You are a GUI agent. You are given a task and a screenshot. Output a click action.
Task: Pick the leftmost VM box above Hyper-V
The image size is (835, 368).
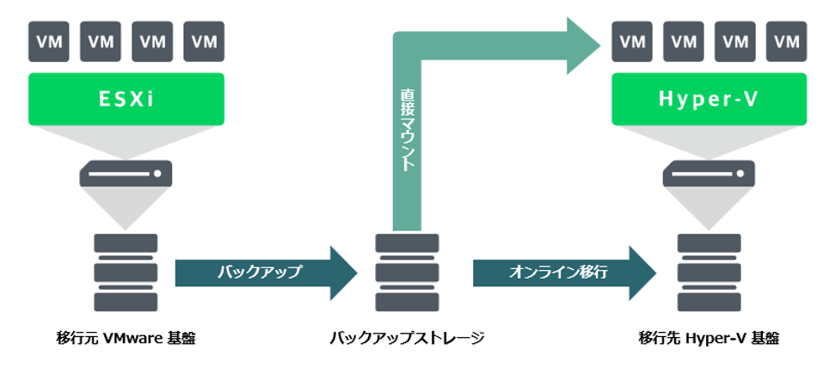point(632,40)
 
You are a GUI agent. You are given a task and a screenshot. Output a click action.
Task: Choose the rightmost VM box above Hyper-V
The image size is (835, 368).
point(785,40)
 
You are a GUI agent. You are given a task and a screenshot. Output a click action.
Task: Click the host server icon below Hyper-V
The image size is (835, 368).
point(709,175)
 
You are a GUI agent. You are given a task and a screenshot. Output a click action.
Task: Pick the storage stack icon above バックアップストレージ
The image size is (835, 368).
point(408,272)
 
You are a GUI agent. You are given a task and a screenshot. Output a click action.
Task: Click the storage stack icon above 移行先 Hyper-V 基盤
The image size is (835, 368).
point(709,272)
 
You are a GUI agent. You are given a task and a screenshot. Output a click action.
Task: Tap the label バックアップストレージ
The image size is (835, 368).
point(408,338)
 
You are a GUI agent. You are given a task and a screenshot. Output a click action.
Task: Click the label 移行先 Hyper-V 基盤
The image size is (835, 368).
point(709,338)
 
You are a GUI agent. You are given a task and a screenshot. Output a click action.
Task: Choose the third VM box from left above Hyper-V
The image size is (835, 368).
point(734,40)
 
